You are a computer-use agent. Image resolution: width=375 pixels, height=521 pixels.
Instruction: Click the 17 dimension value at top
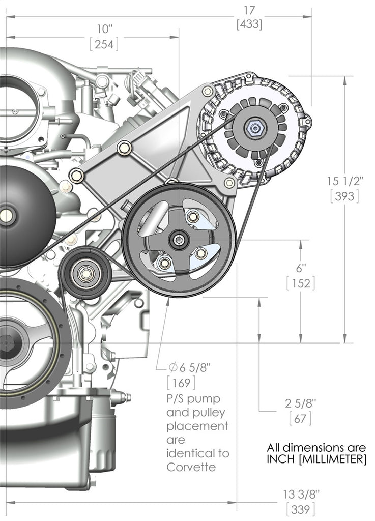(x=249, y=10)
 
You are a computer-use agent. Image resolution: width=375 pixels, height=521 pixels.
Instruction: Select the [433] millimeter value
(x=249, y=24)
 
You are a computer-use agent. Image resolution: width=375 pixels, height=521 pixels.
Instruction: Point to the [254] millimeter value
(x=104, y=44)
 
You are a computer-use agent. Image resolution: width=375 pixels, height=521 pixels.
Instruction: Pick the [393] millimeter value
(x=344, y=196)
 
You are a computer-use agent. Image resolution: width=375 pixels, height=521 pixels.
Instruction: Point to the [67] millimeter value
(x=300, y=418)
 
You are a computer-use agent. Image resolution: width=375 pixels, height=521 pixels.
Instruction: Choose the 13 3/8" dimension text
(x=300, y=494)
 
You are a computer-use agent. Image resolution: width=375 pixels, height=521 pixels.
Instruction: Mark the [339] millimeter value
(x=300, y=508)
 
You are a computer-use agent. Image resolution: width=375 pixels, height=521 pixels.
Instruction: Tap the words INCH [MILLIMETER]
(x=316, y=460)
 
